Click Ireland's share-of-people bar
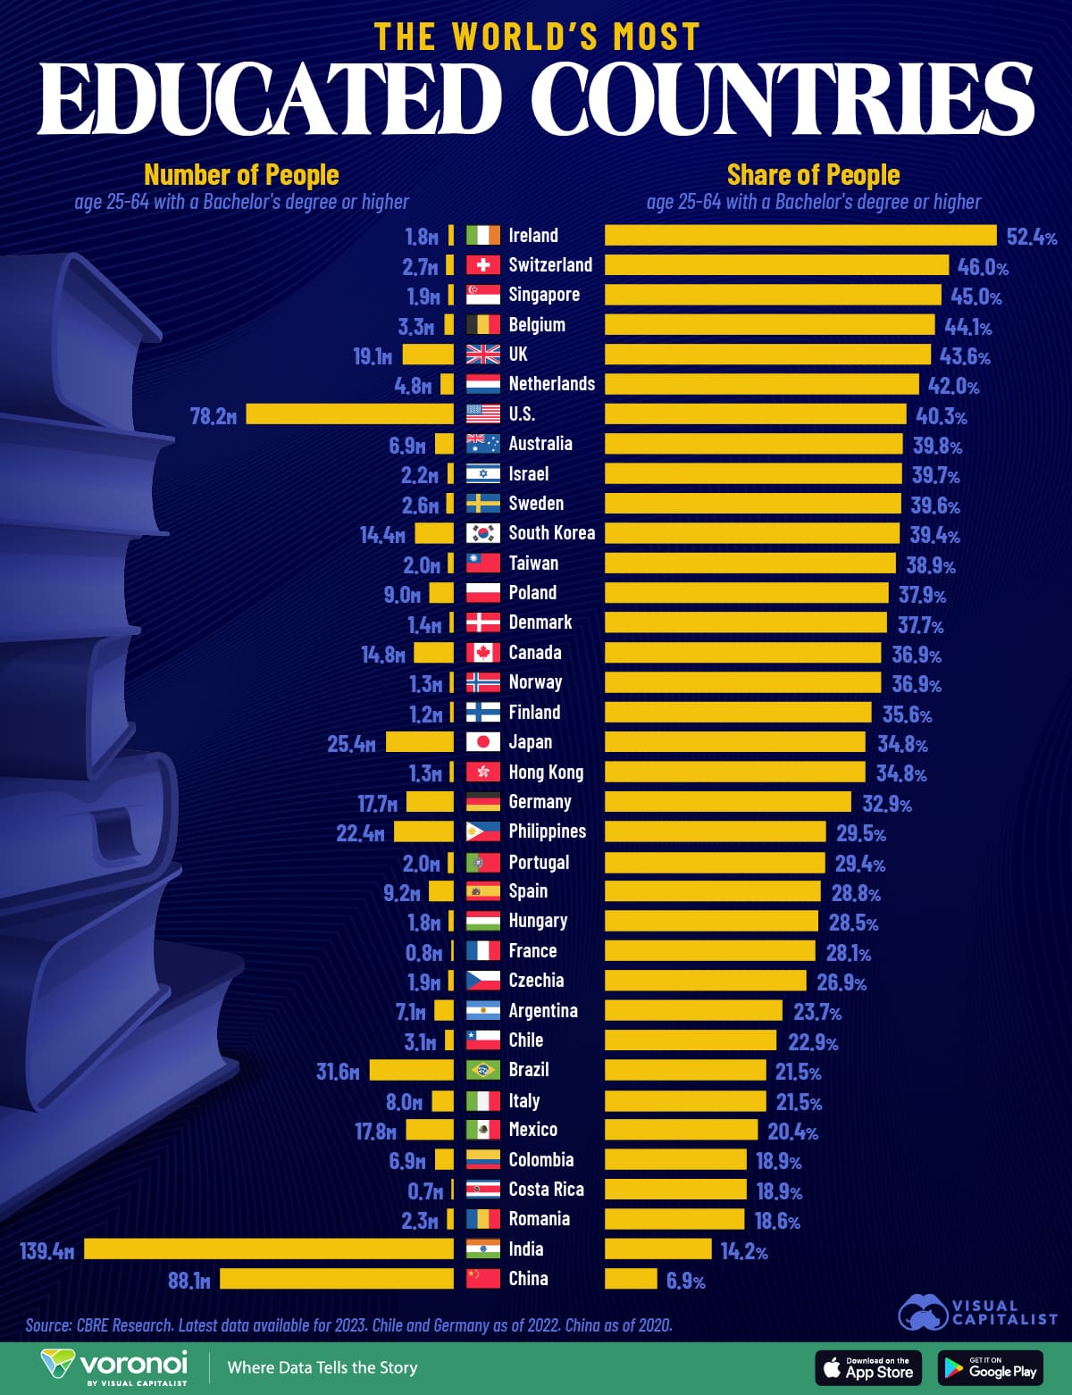pos(800,235)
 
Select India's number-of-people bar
pos(269,1249)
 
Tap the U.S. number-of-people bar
pos(350,413)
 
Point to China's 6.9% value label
pos(686,1281)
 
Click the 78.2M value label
pos(214,415)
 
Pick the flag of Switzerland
pos(483,264)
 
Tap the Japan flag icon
pos(483,741)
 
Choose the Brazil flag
pos(483,1070)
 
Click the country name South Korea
pos(551,533)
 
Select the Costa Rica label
pos(546,1190)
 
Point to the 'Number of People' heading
pos(241,174)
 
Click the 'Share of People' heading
pos(813,174)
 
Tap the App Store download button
pos(867,1367)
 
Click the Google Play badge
pos(991,1367)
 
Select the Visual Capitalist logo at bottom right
pos(977,1312)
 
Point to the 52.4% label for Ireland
pos(1032,237)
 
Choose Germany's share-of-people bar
pos(728,801)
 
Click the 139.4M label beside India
pos(47,1250)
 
